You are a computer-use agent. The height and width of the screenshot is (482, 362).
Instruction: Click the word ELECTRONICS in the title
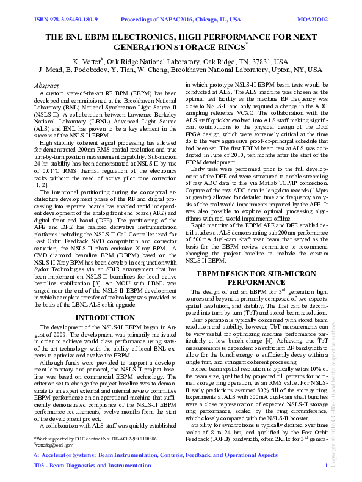128,37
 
